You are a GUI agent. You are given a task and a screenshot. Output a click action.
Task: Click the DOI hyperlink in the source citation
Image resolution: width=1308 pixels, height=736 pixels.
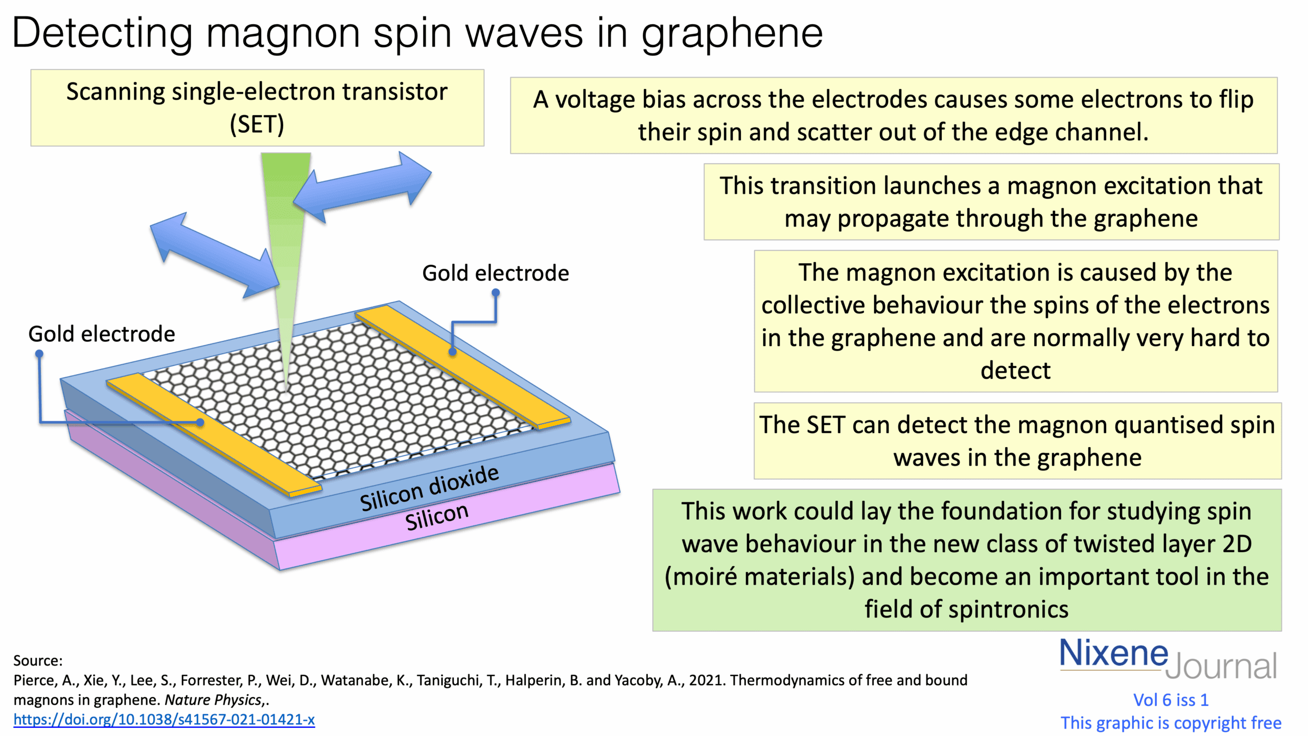tap(163, 720)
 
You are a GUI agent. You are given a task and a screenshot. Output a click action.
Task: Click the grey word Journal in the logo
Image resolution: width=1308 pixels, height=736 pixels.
tap(1221, 666)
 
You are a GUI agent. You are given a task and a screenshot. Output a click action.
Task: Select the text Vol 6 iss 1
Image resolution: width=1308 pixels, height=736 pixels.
tap(1171, 700)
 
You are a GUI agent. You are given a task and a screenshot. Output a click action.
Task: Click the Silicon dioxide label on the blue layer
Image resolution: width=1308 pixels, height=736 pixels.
tap(429, 489)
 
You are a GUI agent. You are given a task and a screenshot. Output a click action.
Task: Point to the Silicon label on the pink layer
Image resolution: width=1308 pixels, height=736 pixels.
tap(436, 517)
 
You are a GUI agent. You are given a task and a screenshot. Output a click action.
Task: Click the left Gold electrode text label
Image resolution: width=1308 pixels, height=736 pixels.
tap(102, 334)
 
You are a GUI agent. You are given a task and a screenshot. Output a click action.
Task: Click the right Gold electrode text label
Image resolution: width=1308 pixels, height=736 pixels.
tap(495, 273)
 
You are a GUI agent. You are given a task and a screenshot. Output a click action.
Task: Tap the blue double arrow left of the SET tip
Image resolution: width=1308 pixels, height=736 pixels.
tap(215, 255)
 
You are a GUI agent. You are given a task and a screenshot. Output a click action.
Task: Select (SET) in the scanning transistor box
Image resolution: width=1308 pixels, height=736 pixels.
tap(257, 125)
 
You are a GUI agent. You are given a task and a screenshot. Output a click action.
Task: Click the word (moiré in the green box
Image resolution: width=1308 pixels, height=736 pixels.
tap(700, 577)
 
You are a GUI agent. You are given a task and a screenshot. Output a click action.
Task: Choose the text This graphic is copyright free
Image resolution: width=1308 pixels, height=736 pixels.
tap(1171, 723)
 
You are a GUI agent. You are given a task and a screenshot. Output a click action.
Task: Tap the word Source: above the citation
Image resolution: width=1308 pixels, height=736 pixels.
tap(38, 661)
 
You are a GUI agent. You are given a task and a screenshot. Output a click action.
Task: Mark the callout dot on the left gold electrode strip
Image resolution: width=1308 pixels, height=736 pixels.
tap(200, 422)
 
